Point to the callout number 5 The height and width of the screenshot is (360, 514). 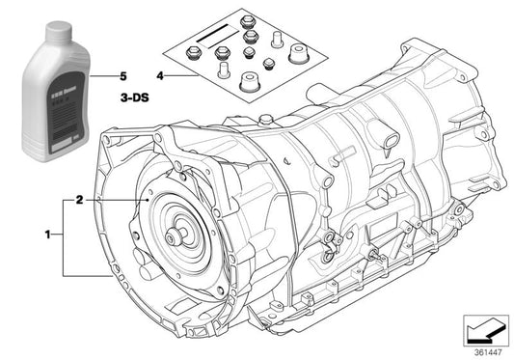pos(122,74)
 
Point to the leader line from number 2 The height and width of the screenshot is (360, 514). pos(116,200)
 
